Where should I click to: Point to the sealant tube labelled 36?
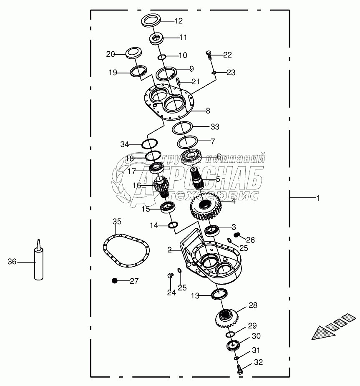[x=38, y=261]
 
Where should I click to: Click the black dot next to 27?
[x=114, y=281]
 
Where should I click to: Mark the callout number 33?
[x=214, y=126]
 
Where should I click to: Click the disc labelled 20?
[x=134, y=53]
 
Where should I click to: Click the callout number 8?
[x=208, y=111]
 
